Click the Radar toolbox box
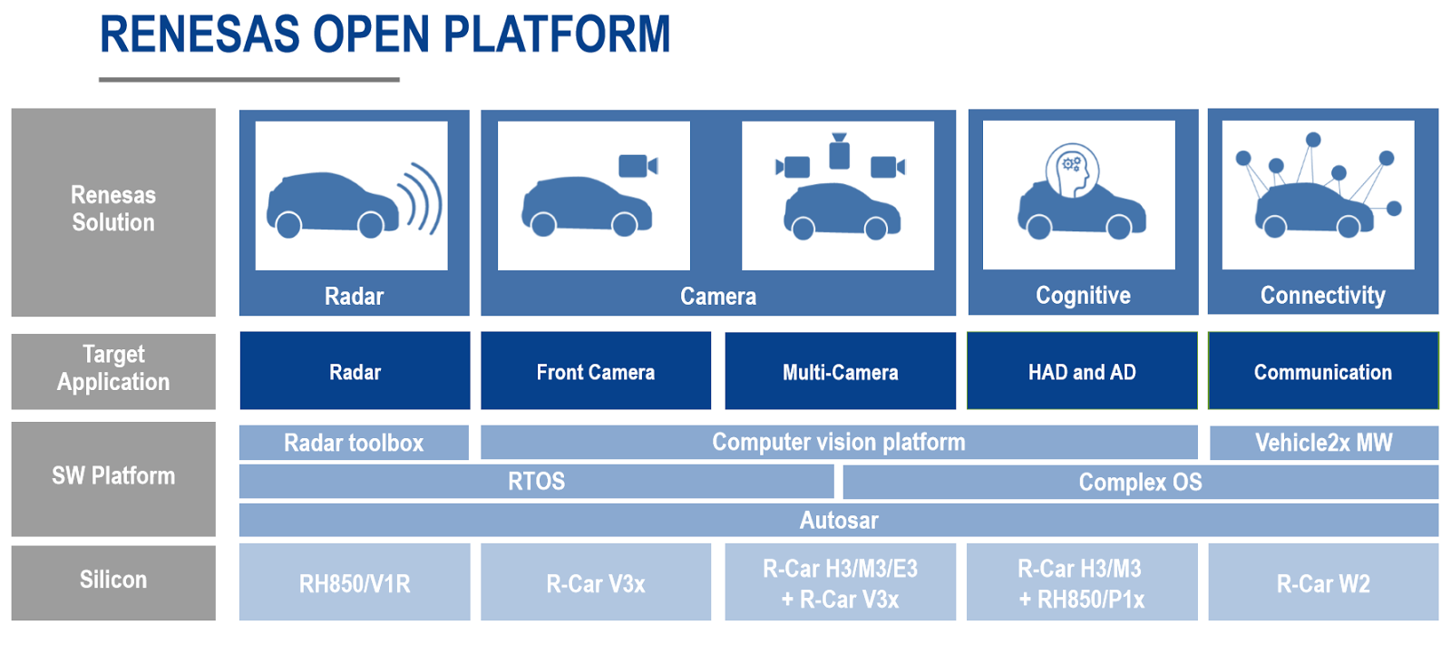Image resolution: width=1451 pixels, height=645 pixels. point(354,443)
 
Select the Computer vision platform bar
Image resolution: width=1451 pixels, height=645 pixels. point(838,443)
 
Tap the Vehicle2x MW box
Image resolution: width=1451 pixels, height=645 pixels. point(1323,443)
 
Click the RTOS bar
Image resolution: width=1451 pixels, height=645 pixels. point(536,482)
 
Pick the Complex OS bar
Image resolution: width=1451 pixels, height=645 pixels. point(1140,482)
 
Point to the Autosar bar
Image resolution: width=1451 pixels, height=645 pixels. point(838,521)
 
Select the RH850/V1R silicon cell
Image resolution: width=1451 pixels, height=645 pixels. point(355,582)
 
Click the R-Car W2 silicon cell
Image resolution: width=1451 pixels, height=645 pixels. point(1323,582)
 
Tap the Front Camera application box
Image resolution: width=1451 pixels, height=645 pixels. point(595,371)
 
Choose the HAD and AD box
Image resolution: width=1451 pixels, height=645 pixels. point(1082,371)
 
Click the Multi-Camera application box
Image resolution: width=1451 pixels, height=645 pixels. point(840,371)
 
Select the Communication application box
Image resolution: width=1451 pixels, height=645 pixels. point(1323,371)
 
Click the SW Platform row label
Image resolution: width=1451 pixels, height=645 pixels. point(113,477)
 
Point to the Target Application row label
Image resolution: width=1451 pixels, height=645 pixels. point(113,369)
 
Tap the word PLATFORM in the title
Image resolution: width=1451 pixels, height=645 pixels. point(557,35)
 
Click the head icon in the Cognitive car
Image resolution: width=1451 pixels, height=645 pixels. point(1072,170)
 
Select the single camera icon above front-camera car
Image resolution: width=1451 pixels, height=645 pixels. point(638,166)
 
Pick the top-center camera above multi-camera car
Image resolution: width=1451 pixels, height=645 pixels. point(840,152)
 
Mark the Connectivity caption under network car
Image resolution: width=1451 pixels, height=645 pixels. point(1322,295)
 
